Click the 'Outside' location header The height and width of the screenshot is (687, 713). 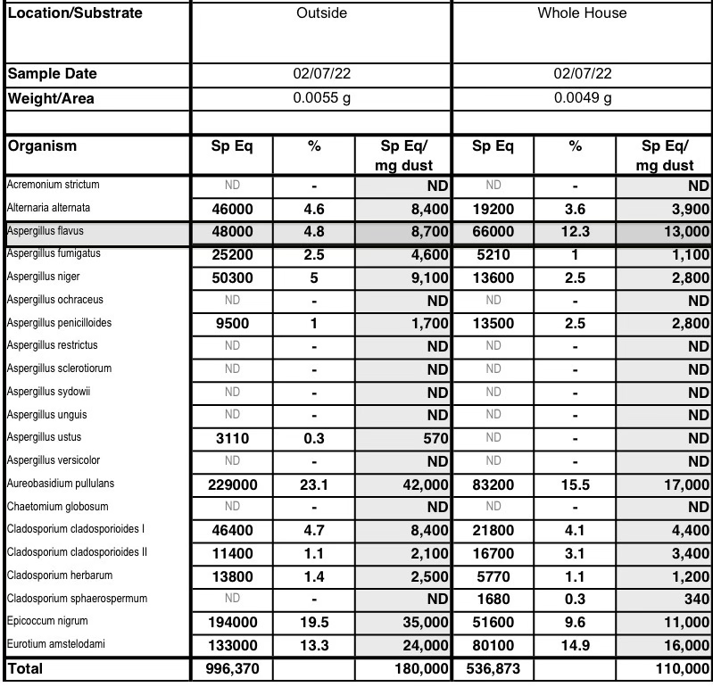coord(321,13)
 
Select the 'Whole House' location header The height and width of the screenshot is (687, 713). coord(582,13)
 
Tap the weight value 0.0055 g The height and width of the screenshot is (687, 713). coord(321,98)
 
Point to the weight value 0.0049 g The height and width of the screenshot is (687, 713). coord(582,98)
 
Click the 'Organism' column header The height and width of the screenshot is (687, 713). coord(42,146)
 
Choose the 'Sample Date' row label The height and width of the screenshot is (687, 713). coord(52,74)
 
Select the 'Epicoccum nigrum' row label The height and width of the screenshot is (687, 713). coord(47,621)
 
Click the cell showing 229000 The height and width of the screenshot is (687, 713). coord(231,484)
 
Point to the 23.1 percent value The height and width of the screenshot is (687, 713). coord(313,484)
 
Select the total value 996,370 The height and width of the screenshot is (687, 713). coord(231,668)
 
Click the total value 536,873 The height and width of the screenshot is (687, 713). coord(492,668)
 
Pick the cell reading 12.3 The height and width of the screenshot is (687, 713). coord(575,231)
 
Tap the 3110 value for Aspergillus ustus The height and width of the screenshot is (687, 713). coord(231,438)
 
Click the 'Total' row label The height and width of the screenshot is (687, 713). coord(25,667)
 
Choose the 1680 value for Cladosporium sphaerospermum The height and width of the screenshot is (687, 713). coord(492,599)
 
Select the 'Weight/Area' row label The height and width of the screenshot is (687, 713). coord(51,98)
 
